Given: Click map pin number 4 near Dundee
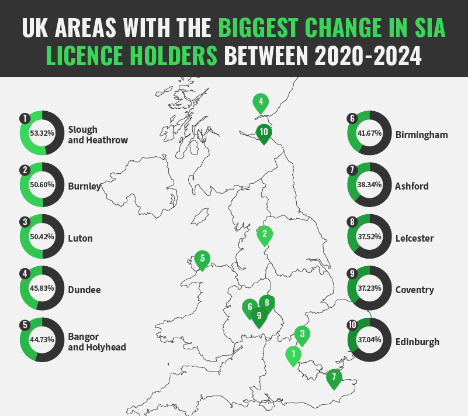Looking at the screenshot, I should (260, 102).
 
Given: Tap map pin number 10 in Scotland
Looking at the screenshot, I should (264, 132).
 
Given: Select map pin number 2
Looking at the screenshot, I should (265, 235).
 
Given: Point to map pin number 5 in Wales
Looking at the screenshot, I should (202, 259).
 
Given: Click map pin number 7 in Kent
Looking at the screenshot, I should (334, 377).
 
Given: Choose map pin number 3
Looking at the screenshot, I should (301, 335).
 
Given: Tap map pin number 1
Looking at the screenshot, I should (293, 355).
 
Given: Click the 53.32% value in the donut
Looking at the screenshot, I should (42, 133).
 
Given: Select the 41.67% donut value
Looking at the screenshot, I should (369, 133).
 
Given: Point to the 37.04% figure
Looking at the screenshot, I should (369, 341).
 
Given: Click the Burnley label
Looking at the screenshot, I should (84, 187).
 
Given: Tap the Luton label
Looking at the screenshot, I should (81, 238).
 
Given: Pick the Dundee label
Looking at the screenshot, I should (84, 290).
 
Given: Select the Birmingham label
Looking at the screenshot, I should (421, 135).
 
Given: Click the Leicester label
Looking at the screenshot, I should (414, 238).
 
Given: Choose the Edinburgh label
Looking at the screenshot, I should (417, 342).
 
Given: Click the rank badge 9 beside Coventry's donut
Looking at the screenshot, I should (352, 273).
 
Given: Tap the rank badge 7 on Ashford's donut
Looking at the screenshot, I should (352, 170).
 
